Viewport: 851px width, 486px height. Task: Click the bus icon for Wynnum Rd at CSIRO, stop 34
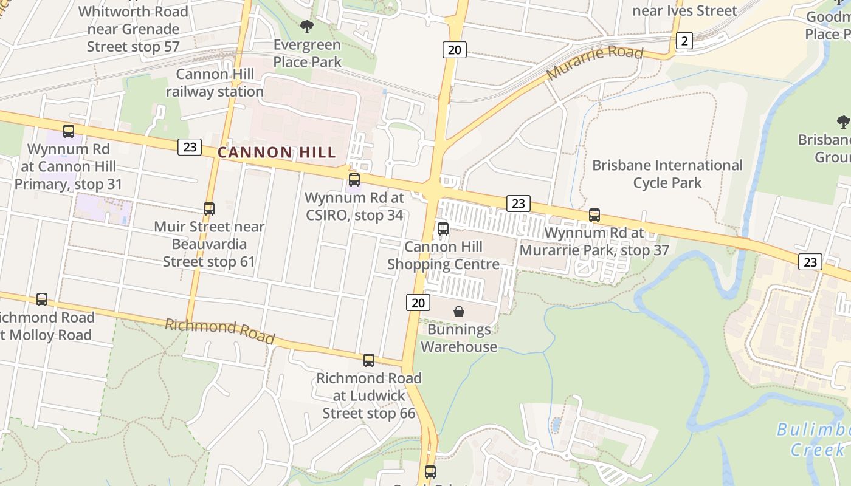(x=354, y=180)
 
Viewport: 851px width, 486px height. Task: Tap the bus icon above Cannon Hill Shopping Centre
(x=443, y=229)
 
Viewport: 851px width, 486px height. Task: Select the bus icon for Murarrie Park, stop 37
(x=594, y=215)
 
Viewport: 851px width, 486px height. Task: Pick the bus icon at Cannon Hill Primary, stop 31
(x=69, y=131)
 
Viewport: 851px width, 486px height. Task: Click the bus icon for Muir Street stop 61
(x=209, y=209)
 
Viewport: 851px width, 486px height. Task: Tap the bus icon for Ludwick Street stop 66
(x=369, y=360)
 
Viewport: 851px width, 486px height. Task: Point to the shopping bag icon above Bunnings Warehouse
(x=459, y=312)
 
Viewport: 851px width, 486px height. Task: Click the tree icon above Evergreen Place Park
(x=307, y=27)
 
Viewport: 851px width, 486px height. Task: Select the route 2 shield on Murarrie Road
(x=684, y=41)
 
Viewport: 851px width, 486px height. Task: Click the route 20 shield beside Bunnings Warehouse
(x=418, y=303)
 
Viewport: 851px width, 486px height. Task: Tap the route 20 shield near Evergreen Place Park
(x=455, y=49)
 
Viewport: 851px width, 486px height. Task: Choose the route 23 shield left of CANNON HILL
(x=190, y=146)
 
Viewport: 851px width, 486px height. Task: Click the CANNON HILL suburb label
(x=277, y=152)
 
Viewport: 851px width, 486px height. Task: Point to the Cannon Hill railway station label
(x=215, y=83)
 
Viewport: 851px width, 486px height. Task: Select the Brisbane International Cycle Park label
(x=667, y=174)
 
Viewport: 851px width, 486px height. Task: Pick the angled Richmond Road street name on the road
(x=220, y=330)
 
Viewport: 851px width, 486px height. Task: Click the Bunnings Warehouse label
(x=459, y=338)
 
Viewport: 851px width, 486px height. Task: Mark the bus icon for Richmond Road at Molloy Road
(x=42, y=299)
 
